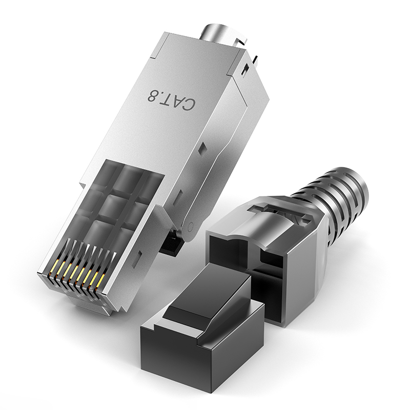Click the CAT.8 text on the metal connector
pos(171,99)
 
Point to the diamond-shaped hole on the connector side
pos(202,149)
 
